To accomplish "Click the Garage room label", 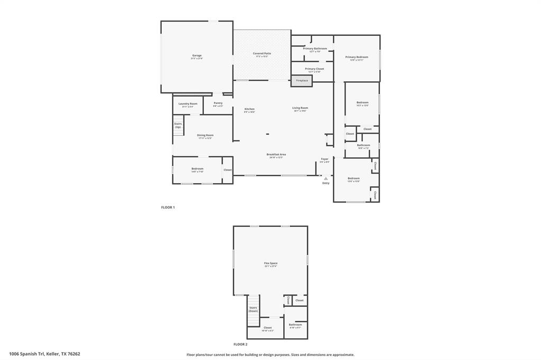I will coord(197,56).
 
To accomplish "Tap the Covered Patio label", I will coord(262,54).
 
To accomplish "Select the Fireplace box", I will coord(302,81).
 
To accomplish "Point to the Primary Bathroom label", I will coord(315,49).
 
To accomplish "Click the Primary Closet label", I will coord(314,69).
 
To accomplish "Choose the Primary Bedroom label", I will coord(357,58).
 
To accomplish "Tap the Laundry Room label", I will coord(188,104).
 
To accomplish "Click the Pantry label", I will coord(218,103).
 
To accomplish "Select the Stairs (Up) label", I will coord(178,126).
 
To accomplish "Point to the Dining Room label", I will coord(205,136).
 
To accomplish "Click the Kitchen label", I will coord(249,109).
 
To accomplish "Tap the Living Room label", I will coord(300,109).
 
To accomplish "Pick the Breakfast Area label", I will coord(275,155).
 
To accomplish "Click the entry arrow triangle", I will coord(325,178).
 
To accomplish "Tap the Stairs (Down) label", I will coord(253,309).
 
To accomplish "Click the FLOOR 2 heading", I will coord(240,344).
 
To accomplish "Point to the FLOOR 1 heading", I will coord(168,207).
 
